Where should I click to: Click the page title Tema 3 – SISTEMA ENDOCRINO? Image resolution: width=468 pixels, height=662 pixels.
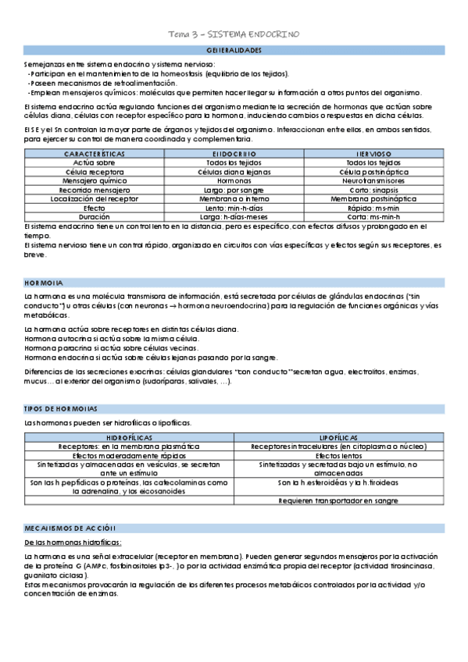pyautogui.click(x=234, y=34)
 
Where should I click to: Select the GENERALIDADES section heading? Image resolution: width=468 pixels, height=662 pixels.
pyautogui.click(x=234, y=49)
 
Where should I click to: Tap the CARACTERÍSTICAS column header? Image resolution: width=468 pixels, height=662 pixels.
pyautogui.click(x=94, y=154)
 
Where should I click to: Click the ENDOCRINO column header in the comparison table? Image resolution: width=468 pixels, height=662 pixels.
pyautogui.click(x=234, y=154)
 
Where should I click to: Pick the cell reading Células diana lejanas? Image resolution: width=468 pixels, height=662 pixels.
pyautogui.click(x=234, y=171)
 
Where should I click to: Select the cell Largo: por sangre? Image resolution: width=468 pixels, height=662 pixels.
pyautogui.click(x=234, y=189)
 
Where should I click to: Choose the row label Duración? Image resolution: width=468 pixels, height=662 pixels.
pyautogui.click(x=94, y=216)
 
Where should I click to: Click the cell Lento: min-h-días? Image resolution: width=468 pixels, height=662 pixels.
pyautogui.click(x=234, y=208)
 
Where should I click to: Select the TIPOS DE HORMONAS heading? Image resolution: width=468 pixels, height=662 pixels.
pyautogui.click(x=61, y=408)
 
